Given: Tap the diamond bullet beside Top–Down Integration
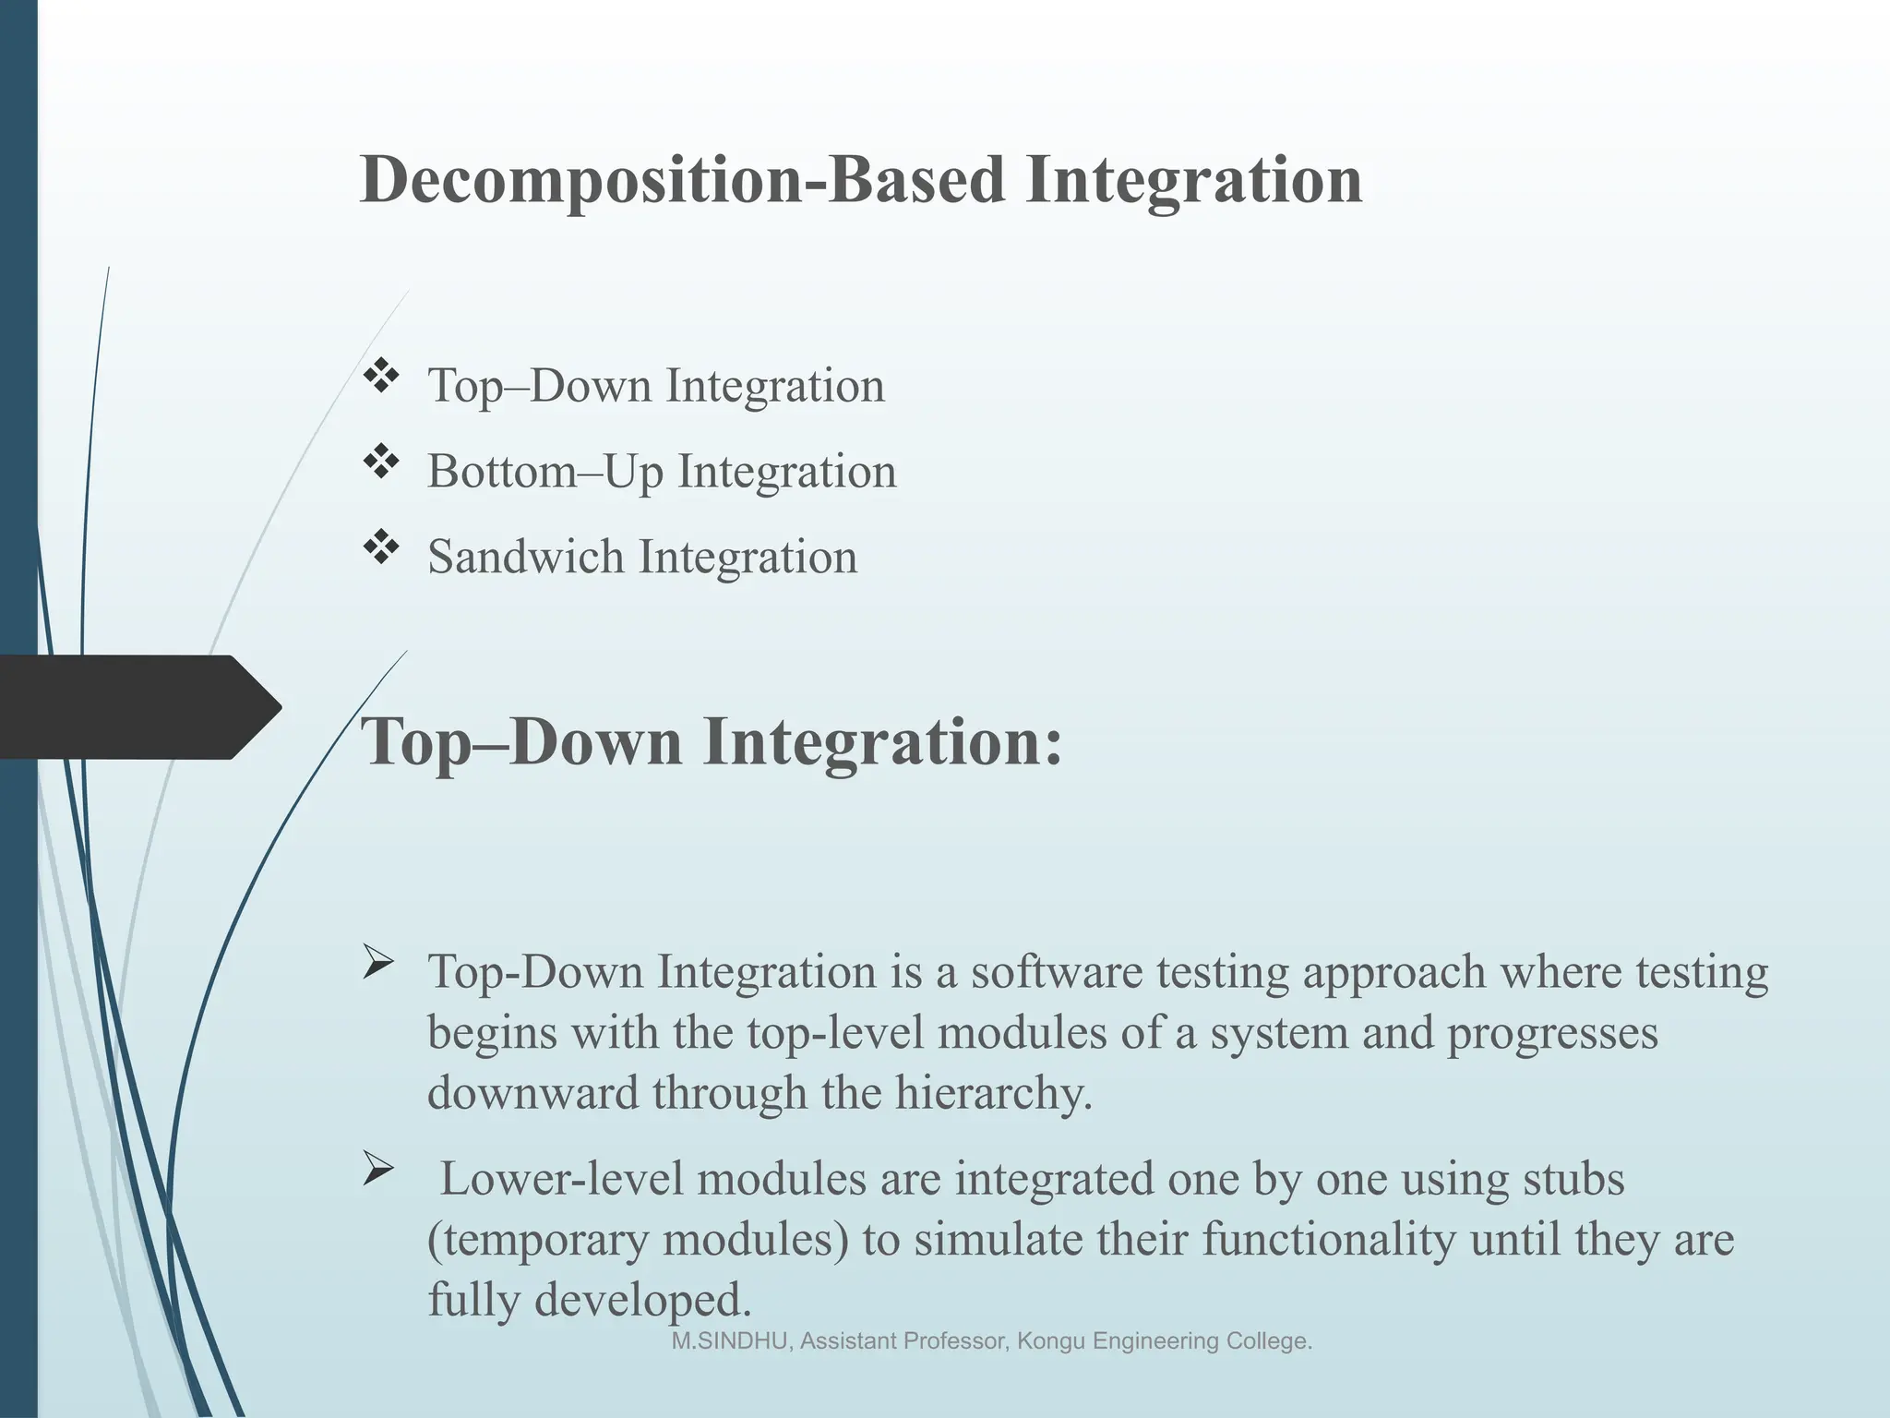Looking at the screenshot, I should pos(380,376).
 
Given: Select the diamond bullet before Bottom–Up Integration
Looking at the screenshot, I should pos(380,462).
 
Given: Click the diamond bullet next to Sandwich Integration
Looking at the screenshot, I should pos(380,547).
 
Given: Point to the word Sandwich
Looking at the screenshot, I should pos(525,557).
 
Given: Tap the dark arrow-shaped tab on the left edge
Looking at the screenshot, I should pos(138,707).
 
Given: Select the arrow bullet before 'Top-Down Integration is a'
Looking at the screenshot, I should pos(378,965).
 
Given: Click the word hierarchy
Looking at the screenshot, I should pos(992,1094).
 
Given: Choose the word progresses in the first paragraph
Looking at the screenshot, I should pos(1552,1033).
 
